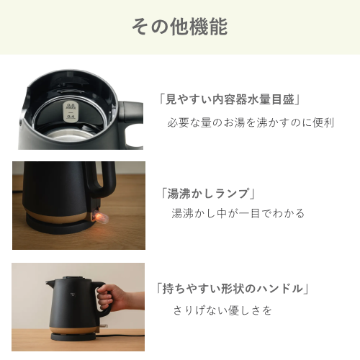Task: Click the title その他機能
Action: pyautogui.click(x=179, y=27)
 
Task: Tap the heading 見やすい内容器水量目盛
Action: pyautogui.click(x=230, y=99)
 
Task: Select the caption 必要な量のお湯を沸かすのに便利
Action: pyautogui.click(x=251, y=122)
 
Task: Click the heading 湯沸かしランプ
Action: pyautogui.click(x=208, y=194)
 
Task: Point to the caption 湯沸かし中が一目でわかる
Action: pyautogui.click(x=238, y=213)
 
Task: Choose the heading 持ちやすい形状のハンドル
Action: pyautogui.click(x=232, y=288)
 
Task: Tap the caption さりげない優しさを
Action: pyautogui.click(x=222, y=310)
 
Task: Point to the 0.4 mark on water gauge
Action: pyautogui.click(x=71, y=117)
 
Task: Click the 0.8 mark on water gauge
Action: pyautogui.click(x=71, y=106)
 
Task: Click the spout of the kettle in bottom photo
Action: pyautogui.click(x=50, y=282)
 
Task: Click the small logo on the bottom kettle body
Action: pyautogui.click(x=73, y=294)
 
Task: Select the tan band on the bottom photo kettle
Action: pyautogui.click(x=74, y=330)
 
